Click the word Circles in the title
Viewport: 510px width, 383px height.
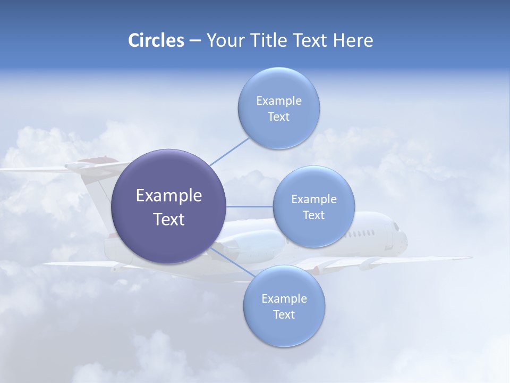point(156,40)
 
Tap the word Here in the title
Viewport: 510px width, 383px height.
point(353,40)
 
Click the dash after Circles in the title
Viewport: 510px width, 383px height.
point(195,41)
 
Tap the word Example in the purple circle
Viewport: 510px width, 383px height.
point(169,196)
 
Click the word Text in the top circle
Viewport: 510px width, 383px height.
point(278,117)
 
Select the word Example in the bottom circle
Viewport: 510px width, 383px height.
point(284,298)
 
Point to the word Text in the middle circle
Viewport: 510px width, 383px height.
point(313,215)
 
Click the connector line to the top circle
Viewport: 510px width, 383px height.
point(229,152)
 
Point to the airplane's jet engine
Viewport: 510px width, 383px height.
point(255,243)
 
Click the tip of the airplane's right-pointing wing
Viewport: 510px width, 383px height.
point(470,258)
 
